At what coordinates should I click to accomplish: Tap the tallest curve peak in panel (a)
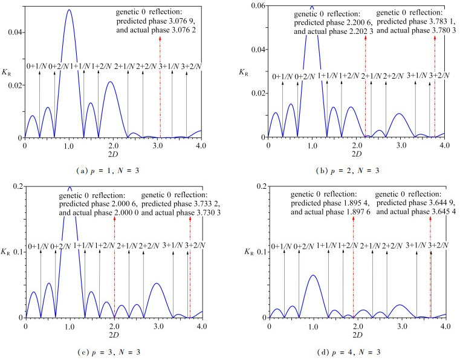coord(69,10)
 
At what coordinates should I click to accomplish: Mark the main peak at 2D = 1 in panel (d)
coord(313,275)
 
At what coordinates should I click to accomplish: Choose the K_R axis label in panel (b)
coord(245,72)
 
